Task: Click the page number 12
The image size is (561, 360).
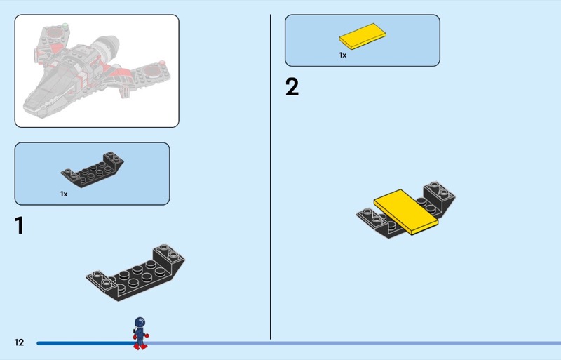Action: coord(19,342)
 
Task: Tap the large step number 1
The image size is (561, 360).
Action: coord(20,225)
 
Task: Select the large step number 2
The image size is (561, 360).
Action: coord(292,87)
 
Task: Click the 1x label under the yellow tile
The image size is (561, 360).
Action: coord(343,55)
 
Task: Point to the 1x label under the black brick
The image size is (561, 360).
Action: coord(64,194)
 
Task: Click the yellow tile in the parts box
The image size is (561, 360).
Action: coord(363,36)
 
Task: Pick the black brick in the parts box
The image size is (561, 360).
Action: coord(93,169)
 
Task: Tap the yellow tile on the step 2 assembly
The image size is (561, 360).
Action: coord(406,212)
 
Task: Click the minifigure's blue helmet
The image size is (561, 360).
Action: coord(140,321)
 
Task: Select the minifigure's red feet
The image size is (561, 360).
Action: coord(140,347)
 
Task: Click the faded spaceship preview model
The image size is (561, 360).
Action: coord(97,71)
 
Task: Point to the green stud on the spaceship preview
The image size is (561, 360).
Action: coord(65,26)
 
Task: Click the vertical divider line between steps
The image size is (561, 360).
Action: coord(271,177)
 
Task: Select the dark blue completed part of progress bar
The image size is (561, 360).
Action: coord(86,343)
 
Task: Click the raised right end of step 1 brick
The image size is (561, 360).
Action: coord(168,256)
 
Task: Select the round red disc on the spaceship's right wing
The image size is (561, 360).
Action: coord(151,71)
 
